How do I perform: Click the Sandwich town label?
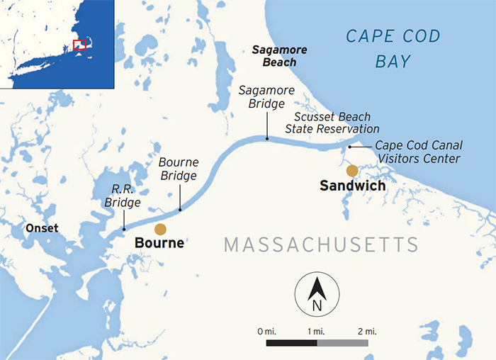tap(352, 186)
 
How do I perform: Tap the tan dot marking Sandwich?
tap(352, 170)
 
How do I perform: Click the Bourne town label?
tap(159, 243)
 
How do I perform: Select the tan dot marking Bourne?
tap(161, 229)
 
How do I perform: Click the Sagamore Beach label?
tap(274, 56)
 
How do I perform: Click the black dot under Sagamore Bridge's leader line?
tap(266, 139)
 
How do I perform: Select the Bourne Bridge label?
tap(179, 168)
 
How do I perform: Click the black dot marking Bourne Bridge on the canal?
tap(180, 210)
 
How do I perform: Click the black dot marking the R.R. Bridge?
tap(123, 229)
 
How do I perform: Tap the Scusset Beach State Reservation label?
tap(332, 123)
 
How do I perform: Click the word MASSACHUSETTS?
tap(321, 245)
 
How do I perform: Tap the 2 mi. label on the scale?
tap(367, 331)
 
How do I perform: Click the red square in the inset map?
tap(79, 45)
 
